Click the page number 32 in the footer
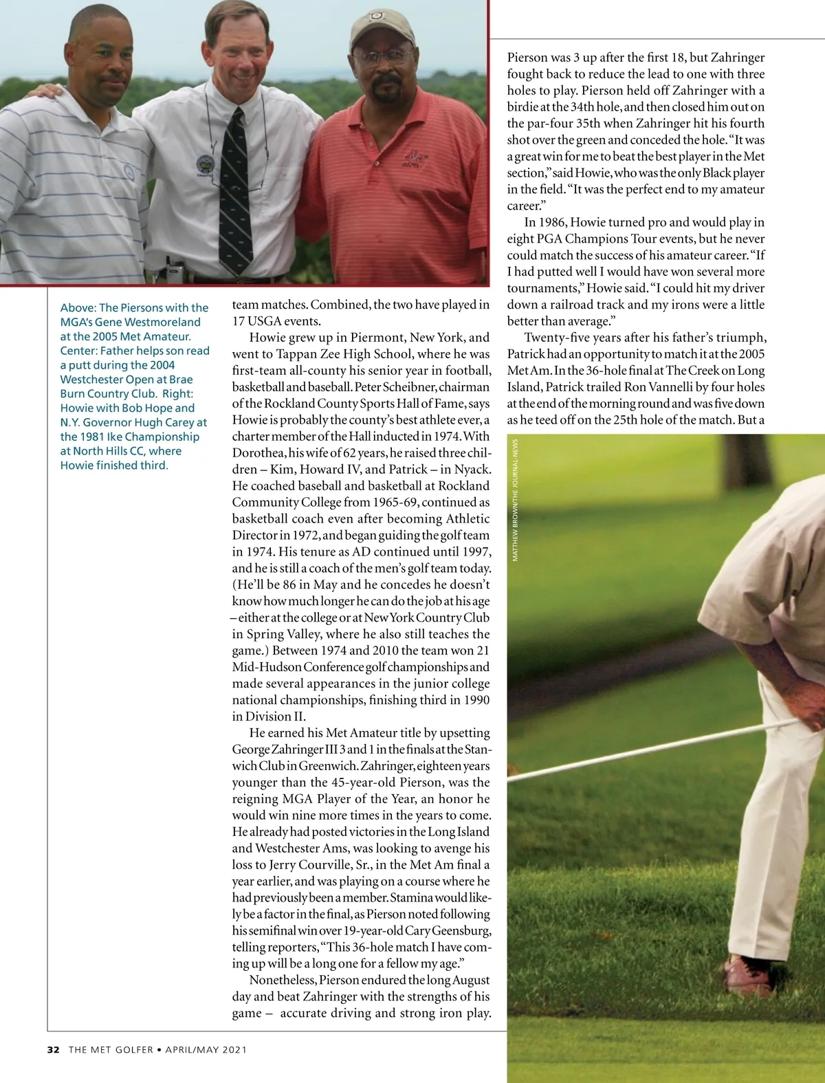point(54,1049)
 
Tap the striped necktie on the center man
point(235,193)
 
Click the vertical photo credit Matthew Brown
point(516,500)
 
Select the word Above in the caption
point(78,308)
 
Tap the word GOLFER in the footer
point(134,1049)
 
